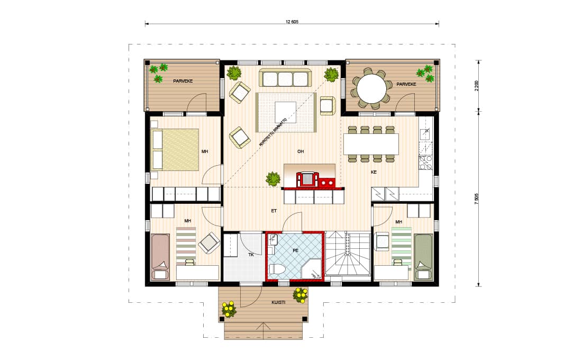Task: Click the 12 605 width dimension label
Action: click(292, 22)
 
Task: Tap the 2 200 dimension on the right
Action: click(477, 85)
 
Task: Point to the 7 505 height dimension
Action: click(477, 199)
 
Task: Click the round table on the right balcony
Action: click(371, 88)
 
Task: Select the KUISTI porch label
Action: click(278, 302)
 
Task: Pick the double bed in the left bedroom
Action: click(175, 149)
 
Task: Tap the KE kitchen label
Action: click(374, 172)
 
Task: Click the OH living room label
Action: click(301, 151)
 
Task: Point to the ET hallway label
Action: click(274, 211)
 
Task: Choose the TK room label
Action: click(251, 255)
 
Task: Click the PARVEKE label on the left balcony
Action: click(183, 80)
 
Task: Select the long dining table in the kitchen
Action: click(371, 144)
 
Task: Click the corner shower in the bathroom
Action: click(312, 268)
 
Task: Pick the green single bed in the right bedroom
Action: click(423, 257)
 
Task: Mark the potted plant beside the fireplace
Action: click(273, 179)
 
